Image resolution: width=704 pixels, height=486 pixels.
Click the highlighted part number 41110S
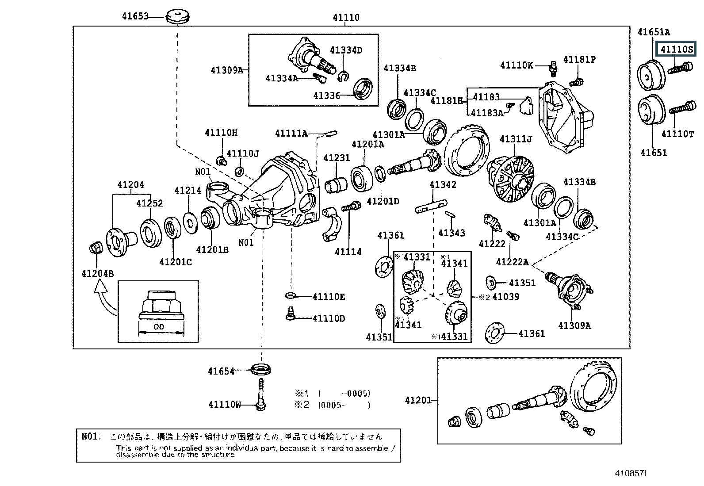point(677,50)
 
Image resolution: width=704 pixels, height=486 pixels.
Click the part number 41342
point(443,184)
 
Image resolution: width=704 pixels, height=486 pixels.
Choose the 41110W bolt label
point(225,404)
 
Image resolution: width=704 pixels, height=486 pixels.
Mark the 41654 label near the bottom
point(221,371)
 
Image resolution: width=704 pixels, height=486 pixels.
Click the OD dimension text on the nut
point(159,327)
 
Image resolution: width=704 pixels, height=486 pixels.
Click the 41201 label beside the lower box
point(418,400)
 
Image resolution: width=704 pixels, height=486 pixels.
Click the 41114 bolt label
point(348,252)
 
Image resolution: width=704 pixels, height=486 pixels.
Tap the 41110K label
point(517,65)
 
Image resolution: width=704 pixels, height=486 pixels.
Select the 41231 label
point(337,158)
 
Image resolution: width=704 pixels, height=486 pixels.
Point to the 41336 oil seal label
point(327,96)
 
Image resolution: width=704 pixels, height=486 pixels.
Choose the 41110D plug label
point(329,318)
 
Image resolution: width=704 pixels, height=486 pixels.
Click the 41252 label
point(149,203)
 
